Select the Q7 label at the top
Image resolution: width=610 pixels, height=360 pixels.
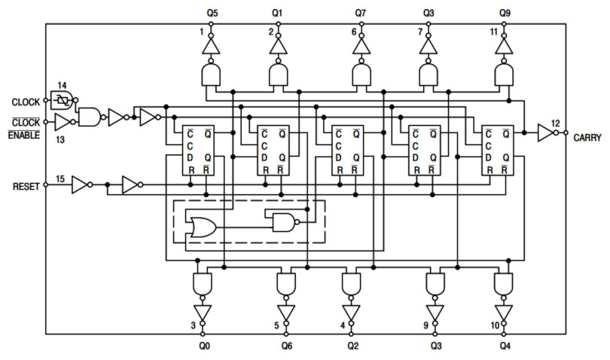point(361,13)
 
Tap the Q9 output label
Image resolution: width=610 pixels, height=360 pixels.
point(505,13)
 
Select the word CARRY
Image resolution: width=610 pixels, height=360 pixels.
point(587,137)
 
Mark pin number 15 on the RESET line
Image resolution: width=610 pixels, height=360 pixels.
point(60,178)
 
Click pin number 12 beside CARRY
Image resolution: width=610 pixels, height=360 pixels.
point(555,123)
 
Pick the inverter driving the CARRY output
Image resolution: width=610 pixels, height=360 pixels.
point(544,133)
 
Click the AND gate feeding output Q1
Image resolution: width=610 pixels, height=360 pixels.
point(279,75)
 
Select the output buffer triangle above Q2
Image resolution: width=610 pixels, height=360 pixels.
point(350,312)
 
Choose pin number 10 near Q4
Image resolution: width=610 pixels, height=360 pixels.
point(494,325)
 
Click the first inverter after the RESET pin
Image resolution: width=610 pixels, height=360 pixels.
point(80,185)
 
